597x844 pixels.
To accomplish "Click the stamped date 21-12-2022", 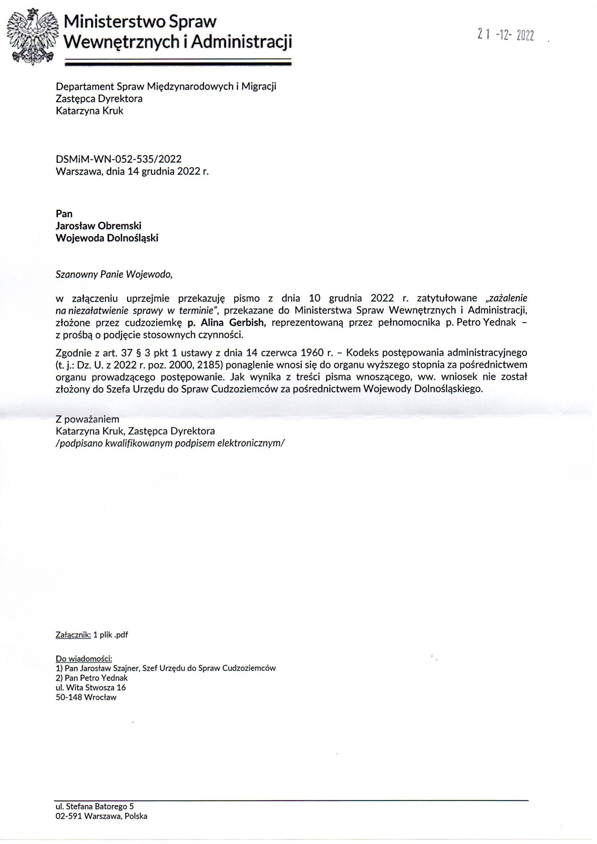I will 505,35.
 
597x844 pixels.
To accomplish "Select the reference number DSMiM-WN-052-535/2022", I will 118,159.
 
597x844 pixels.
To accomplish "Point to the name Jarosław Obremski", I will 98,226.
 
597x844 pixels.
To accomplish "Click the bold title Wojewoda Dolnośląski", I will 106,238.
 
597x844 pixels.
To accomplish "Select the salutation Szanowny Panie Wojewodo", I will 114,274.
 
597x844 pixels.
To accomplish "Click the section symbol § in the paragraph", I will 139,353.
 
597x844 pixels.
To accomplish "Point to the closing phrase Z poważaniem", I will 87,419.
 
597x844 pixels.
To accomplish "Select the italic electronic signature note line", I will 170,443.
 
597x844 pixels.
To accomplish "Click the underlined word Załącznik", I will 73,635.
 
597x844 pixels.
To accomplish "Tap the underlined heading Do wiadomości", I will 84,658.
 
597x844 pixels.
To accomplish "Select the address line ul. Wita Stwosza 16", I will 91,687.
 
